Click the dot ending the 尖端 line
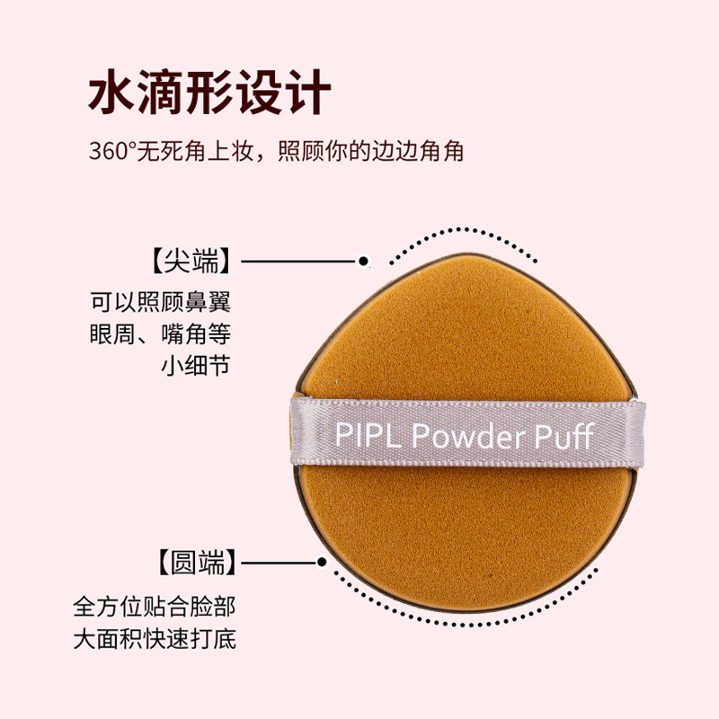tap(363, 262)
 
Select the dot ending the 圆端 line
tap(322, 564)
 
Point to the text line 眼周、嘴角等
tap(161, 333)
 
